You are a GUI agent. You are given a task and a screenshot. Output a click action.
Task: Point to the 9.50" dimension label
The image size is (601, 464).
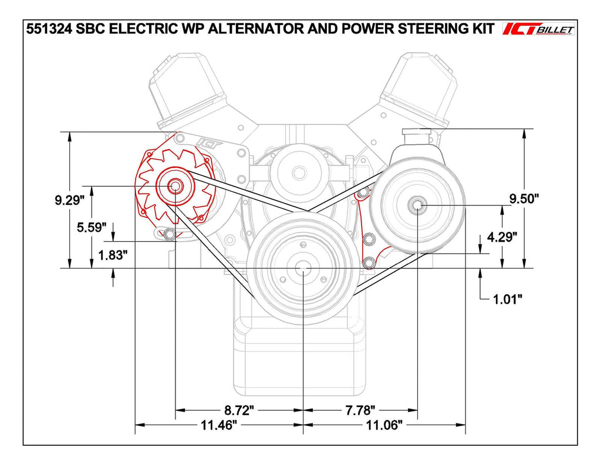coord(524,198)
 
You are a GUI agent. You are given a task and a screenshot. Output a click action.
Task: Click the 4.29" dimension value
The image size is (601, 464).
coord(502,237)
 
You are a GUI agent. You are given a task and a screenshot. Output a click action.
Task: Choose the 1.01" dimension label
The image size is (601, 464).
coord(507,299)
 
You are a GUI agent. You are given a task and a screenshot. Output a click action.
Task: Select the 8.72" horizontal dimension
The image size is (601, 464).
coord(239,409)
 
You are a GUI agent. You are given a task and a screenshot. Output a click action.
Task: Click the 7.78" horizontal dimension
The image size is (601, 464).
coord(360,409)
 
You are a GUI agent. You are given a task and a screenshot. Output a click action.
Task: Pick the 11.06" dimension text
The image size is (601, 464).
coord(384,424)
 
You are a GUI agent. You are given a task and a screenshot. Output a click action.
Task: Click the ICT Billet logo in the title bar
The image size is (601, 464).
coord(538,29)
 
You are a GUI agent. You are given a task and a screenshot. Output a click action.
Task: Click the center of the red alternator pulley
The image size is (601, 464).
coord(175,187)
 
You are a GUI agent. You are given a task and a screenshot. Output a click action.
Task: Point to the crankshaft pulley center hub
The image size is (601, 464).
coord(302,269)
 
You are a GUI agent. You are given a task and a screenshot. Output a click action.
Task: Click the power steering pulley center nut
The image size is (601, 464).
coord(417,205)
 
